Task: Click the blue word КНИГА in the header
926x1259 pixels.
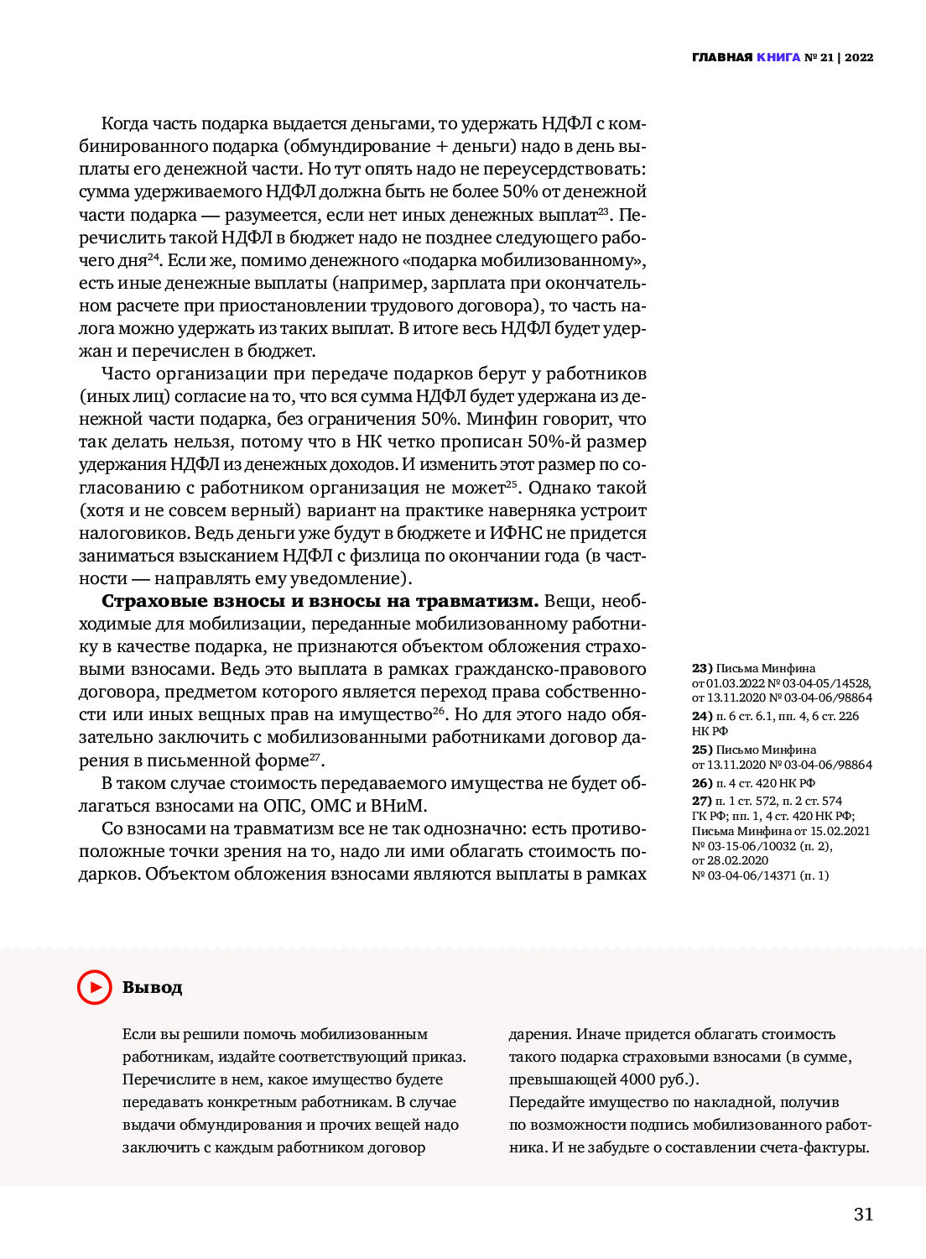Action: point(778,58)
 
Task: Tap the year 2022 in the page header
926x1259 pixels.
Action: point(859,58)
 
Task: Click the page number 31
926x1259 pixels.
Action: point(863,1214)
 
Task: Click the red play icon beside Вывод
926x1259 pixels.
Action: point(95,987)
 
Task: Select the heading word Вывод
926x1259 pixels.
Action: point(152,988)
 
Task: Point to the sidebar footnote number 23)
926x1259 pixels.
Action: point(702,668)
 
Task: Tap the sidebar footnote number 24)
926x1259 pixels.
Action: point(702,716)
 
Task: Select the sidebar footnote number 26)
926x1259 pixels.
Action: point(702,783)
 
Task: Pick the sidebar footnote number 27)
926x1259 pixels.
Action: point(702,801)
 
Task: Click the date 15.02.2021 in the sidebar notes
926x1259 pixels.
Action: point(840,831)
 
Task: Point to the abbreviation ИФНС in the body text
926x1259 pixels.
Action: point(516,533)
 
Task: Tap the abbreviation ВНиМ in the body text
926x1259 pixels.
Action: point(398,806)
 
